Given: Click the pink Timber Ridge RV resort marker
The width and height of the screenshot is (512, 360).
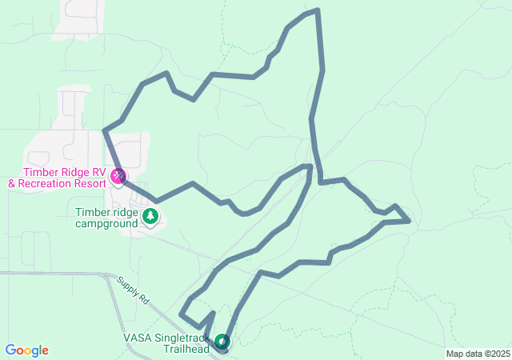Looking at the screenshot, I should pos(118,176).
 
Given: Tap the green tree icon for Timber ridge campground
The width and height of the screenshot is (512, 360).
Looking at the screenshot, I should pos(150,216).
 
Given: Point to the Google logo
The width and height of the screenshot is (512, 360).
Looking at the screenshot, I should pos(26,350).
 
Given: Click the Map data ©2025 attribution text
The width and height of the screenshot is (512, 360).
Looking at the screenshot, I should pos(478,354).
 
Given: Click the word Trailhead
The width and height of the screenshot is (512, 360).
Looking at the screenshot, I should pos(186,349).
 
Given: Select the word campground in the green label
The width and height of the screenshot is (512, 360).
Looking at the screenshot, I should pos(106,223).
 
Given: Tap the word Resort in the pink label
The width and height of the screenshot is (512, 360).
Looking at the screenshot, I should pos(89,183).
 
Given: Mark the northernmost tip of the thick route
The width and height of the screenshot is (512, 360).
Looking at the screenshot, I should pos(318,10).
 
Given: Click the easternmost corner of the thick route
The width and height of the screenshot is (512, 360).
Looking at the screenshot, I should pos(410,221).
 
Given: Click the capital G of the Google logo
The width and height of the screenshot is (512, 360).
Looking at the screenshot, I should pos(10,350).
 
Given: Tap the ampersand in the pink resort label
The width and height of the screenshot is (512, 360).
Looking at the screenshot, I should pos(12,183).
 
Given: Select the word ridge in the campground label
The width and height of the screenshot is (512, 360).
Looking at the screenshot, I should pos(124,212).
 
